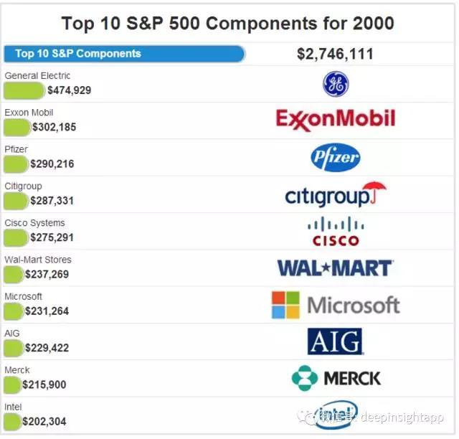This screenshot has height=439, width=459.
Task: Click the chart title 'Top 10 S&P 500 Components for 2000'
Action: (x=228, y=22)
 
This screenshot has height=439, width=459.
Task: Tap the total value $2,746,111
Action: (x=335, y=54)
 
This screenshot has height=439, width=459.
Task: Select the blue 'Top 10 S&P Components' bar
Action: (x=124, y=54)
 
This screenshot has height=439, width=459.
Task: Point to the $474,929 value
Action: (x=70, y=90)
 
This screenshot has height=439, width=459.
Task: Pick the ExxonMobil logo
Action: (x=336, y=120)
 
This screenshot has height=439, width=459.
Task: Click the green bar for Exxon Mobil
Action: (x=16, y=127)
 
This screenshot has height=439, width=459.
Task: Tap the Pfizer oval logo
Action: (x=336, y=158)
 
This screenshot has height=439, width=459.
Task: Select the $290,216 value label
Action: (x=52, y=164)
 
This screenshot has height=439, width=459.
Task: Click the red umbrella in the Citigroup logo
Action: (x=374, y=192)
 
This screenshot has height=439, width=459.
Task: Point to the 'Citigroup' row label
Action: (x=23, y=187)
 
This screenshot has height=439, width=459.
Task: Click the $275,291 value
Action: (x=52, y=237)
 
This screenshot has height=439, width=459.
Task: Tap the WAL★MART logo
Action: (x=335, y=268)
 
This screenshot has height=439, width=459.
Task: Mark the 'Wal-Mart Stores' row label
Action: (x=38, y=260)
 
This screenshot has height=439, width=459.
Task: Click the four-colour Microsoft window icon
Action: (x=285, y=305)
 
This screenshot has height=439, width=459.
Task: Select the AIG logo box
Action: (x=335, y=341)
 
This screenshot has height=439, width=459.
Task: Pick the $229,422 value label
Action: (x=47, y=348)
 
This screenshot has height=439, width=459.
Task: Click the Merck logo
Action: (x=336, y=378)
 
